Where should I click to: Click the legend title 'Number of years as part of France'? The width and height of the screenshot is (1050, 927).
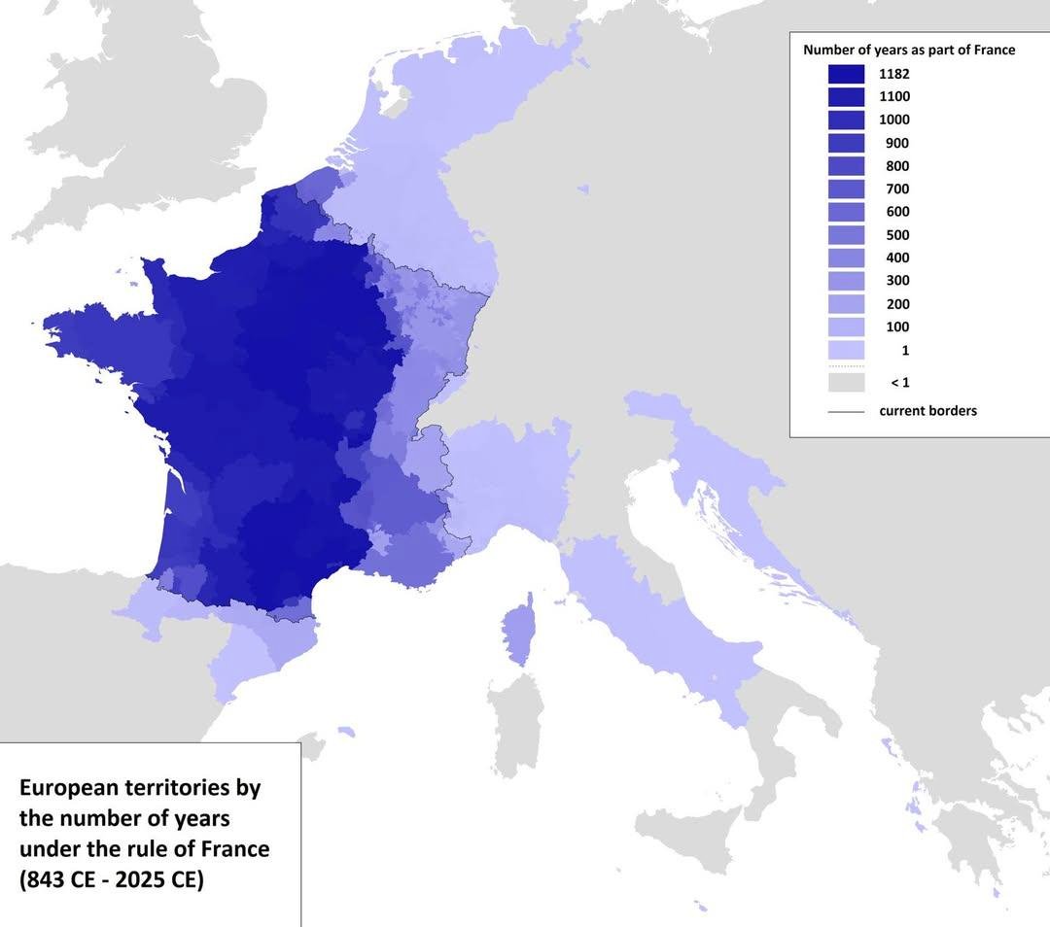(908, 50)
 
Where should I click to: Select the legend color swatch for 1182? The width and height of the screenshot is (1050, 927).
(846, 74)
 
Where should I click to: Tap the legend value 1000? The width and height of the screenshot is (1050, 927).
(894, 120)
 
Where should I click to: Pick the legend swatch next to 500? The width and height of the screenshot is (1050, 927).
(846, 235)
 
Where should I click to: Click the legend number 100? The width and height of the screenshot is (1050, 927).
(897, 327)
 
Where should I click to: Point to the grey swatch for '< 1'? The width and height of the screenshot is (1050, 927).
(846, 383)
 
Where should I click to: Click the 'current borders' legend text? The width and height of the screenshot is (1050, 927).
(927, 411)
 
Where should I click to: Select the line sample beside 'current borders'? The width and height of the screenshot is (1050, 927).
(846, 412)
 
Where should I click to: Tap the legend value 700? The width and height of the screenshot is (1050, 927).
(897, 189)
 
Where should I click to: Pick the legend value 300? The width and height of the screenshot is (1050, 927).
(897, 281)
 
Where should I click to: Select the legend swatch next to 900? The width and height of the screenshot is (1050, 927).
(846, 143)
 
